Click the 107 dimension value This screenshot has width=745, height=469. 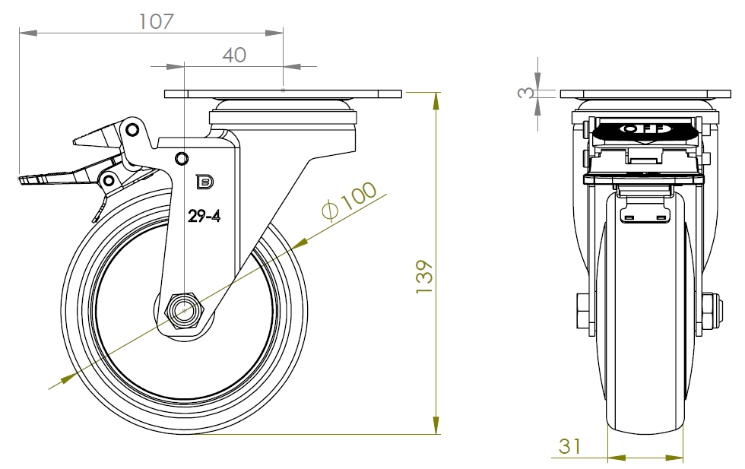[157, 21]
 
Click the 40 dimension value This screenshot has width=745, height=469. [234, 55]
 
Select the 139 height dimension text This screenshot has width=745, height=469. [424, 277]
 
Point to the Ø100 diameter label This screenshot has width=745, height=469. [349, 201]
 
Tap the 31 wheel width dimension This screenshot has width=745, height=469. [569, 446]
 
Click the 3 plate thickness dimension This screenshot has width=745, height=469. [525, 92]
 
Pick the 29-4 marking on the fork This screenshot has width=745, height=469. [204, 216]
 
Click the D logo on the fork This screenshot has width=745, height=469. [204, 182]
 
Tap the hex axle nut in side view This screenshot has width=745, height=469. [184, 311]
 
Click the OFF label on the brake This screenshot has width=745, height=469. [645, 128]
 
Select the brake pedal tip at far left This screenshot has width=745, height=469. [22, 179]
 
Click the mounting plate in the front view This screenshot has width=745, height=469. [645, 93]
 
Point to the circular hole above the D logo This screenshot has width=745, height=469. [182, 158]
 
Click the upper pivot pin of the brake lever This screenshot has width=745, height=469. [132, 129]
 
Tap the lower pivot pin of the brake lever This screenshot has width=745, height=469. [109, 180]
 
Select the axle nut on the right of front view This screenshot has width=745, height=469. [713, 311]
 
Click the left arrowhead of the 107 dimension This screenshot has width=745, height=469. [28, 33]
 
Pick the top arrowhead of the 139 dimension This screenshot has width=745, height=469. [436, 102]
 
